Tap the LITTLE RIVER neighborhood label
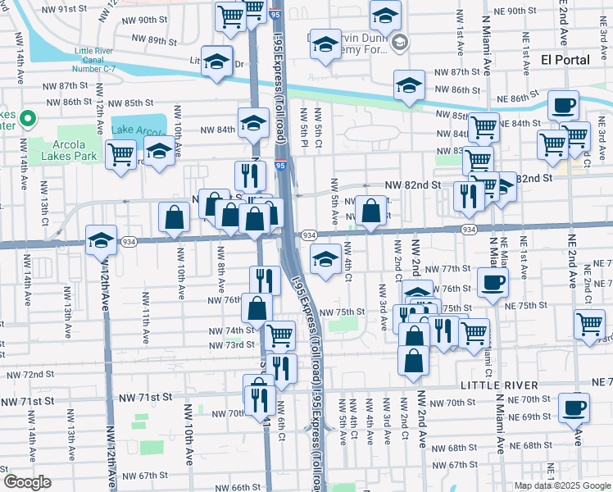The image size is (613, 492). tap(499, 385)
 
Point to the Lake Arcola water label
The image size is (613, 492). tap(138, 130)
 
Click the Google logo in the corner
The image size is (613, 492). tap(27, 482)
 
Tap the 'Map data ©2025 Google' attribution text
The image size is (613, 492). tap(562, 485)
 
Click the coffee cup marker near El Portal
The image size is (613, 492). tap(563, 106)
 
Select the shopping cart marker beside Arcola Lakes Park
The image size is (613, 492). tap(121, 153)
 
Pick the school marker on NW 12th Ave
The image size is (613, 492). tap(101, 239)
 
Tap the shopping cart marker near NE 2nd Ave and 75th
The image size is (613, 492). tap(590, 323)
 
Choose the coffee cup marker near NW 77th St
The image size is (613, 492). tap(492, 282)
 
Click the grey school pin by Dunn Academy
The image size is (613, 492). tap(399, 43)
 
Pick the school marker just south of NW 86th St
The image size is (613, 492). tap(409, 84)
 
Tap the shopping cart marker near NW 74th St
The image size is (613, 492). tap(280, 333)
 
